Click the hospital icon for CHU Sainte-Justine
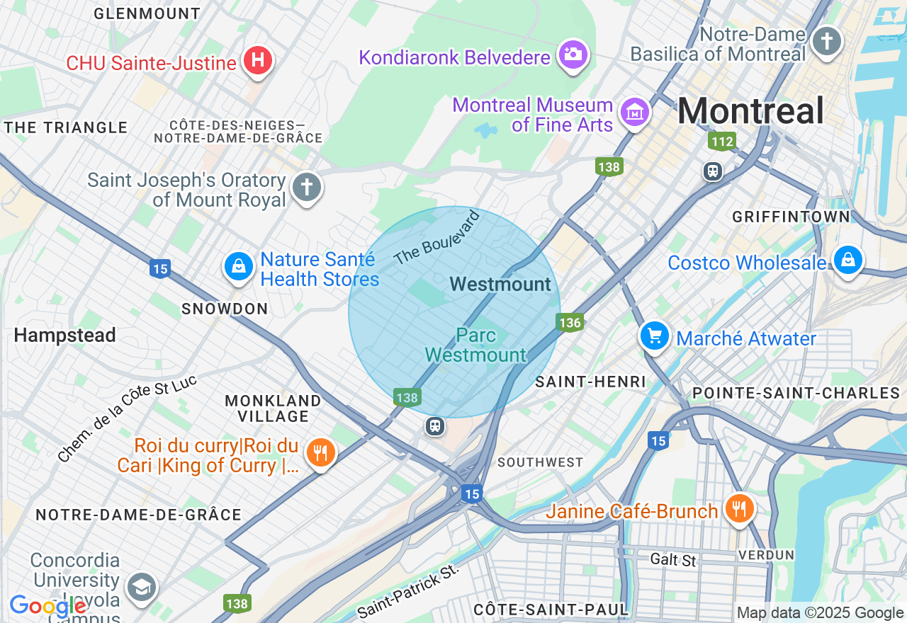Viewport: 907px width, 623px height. click(x=259, y=61)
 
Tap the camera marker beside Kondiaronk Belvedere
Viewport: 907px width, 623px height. click(x=573, y=54)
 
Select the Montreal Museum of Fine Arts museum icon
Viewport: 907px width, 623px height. click(x=635, y=112)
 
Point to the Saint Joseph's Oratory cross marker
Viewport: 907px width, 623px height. click(x=306, y=188)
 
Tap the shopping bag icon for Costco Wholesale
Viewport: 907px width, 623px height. click(x=847, y=261)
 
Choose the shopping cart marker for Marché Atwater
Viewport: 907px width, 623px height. click(x=655, y=336)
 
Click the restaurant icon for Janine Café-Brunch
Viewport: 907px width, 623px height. click(x=739, y=508)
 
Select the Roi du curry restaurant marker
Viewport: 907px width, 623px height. click(x=320, y=452)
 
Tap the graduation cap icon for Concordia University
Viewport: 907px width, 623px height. click(x=141, y=587)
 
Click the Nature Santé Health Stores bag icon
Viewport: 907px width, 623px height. click(x=239, y=267)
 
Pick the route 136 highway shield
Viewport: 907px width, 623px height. click(x=570, y=323)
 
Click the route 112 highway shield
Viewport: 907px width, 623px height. click(x=722, y=142)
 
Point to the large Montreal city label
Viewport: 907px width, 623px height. click(x=750, y=111)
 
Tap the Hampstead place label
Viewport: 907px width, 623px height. click(x=64, y=335)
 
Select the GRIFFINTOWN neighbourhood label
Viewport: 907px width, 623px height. click(x=791, y=217)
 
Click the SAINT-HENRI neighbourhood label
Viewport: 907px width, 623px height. click(x=590, y=382)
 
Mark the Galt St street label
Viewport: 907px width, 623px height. click(x=673, y=560)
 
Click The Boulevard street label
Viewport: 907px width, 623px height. click(x=437, y=238)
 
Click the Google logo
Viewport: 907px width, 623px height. click(x=48, y=607)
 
